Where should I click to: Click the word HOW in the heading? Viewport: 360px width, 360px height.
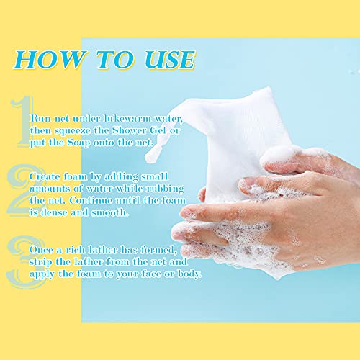(49, 60)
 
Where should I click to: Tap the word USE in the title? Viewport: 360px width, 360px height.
(170, 60)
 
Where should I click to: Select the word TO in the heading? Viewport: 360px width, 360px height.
(114, 60)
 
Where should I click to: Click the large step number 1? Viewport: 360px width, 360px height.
(24, 121)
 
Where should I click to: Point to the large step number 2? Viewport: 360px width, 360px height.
(24, 191)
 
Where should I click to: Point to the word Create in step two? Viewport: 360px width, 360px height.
(45, 177)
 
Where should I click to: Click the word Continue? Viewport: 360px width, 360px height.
(91, 201)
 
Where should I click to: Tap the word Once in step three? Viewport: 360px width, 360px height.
(41, 250)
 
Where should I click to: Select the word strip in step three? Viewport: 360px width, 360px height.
(41, 263)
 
